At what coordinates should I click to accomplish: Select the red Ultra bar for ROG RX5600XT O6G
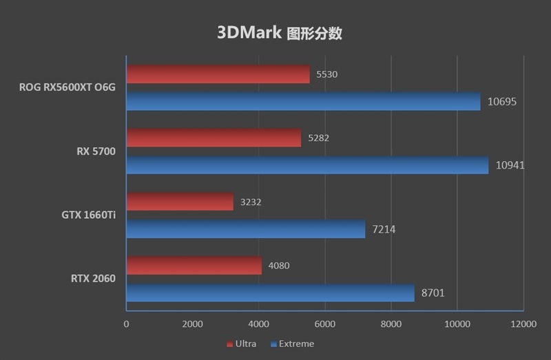pos(218,74)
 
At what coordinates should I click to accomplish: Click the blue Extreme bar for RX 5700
pos(307,165)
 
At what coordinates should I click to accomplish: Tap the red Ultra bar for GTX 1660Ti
pos(180,202)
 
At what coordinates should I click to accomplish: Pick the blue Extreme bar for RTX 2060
pos(270,293)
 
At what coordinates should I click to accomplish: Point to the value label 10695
pos(502,101)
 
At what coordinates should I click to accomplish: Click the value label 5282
pos(319,138)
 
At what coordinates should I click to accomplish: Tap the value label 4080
pos(279,266)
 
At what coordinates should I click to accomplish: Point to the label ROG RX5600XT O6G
pos(68,87)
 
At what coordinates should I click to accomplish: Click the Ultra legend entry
pos(240,343)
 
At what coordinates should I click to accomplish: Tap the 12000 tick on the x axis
pos(523,324)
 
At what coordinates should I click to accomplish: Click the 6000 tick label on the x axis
pos(324,324)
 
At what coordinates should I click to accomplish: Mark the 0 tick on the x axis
pos(127,324)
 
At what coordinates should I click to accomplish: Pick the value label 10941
pos(510,165)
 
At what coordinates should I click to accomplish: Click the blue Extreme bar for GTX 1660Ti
pos(246,229)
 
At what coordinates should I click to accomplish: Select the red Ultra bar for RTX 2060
pos(194,266)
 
